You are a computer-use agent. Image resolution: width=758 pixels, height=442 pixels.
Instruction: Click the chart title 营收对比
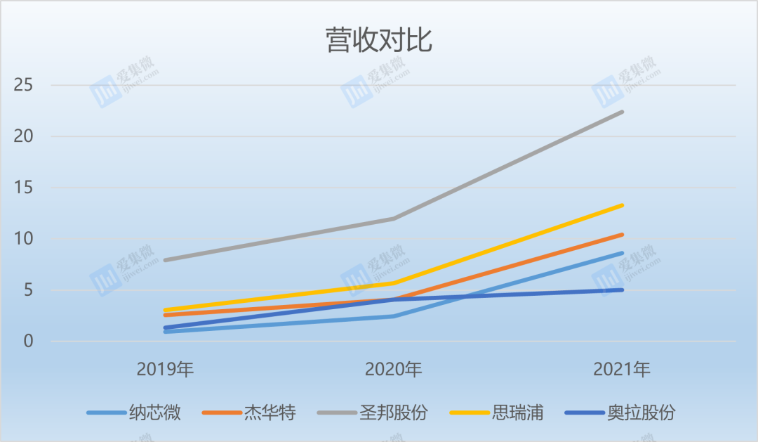(378, 41)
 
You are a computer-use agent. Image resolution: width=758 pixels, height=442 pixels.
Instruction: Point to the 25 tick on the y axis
(24, 86)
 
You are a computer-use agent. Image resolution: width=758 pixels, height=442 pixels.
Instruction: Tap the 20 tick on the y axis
(24, 137)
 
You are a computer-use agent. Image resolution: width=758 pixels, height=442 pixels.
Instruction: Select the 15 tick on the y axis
(24, 188)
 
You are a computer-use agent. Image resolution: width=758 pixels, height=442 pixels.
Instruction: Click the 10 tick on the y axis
(24, 239)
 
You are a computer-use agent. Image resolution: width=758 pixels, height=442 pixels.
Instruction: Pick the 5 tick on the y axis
(28, 290)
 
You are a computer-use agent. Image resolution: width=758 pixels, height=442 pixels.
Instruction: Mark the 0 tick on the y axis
(28, 342)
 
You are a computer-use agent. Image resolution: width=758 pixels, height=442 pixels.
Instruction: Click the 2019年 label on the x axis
(165, 369)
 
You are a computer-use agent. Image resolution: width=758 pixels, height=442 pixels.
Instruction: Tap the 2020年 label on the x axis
(393, 369)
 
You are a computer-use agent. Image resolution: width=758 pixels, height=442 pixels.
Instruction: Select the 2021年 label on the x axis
(621, 369)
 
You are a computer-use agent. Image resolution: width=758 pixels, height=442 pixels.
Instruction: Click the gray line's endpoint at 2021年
(622, 112)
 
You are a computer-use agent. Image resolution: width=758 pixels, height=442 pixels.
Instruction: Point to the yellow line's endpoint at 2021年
(622, 205)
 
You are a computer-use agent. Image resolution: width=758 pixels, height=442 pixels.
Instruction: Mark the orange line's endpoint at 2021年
(622, 235)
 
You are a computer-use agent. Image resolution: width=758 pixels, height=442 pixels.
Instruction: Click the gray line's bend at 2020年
(393, 219)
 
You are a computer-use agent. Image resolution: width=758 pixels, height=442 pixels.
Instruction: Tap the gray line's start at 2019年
(165, 260)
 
